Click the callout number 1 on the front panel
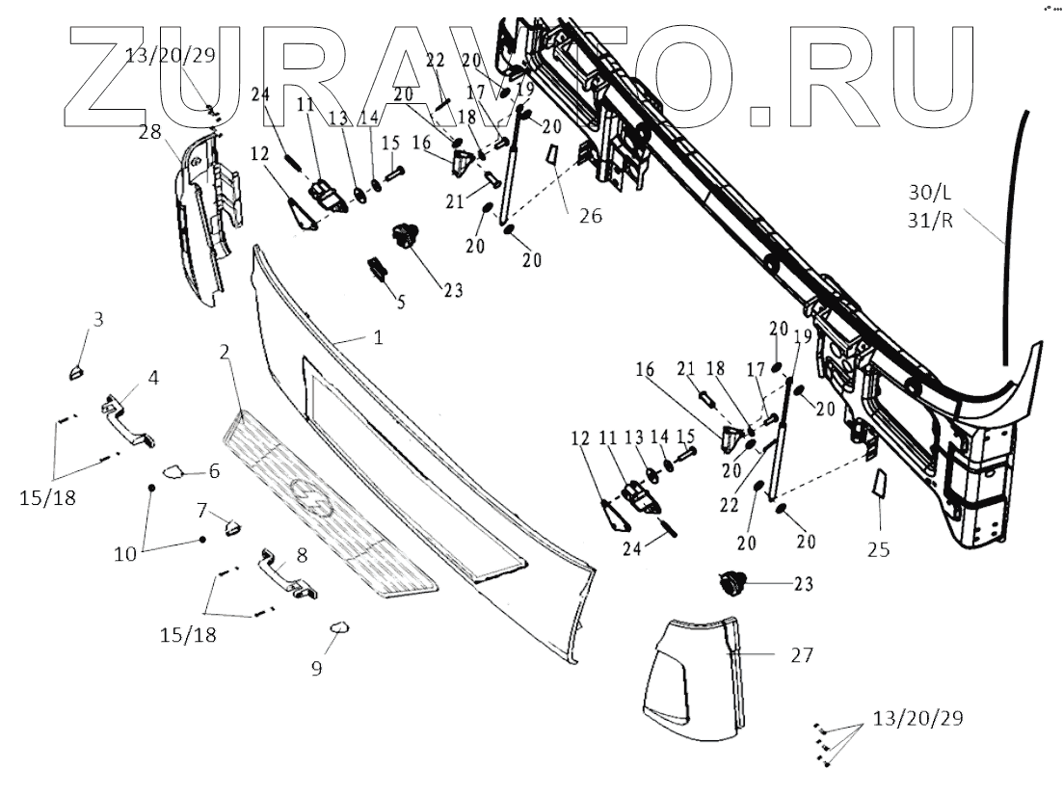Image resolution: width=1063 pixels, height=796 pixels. point(379,339)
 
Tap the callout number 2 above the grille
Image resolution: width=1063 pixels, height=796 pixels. point(224,353)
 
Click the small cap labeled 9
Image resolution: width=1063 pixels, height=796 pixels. point(340,627)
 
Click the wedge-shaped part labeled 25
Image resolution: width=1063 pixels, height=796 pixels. point(878,484)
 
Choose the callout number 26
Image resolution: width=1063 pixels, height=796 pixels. point(591,216)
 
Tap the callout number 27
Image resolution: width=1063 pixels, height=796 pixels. point(802,656)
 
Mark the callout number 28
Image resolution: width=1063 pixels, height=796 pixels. point(149,132)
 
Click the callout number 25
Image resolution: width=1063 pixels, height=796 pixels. point(878,550)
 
